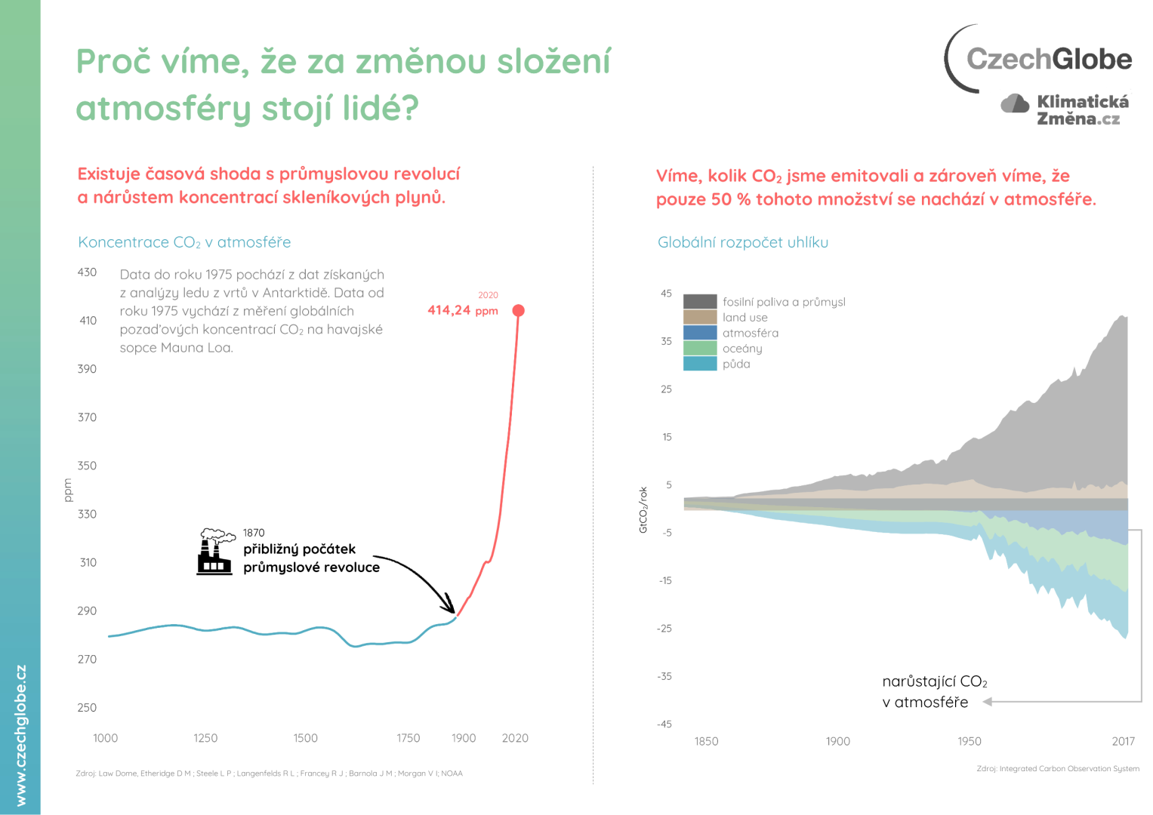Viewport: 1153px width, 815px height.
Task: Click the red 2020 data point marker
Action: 518,311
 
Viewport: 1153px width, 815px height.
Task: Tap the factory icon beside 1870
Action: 214,552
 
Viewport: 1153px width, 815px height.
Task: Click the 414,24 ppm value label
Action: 462,310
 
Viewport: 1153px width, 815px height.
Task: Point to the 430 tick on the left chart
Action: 87,272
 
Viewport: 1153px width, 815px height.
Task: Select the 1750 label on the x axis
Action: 408,738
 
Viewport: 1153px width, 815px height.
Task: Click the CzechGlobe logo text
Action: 1049,59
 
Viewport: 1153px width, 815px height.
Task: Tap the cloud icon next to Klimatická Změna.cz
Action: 1015,103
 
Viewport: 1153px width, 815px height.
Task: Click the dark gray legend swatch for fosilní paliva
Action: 699,302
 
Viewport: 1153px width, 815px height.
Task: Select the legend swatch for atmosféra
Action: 699,333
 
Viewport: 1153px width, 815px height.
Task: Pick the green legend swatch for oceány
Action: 699,349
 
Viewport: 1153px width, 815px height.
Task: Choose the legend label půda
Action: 736,364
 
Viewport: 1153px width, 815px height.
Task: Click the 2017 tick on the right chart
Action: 1123,741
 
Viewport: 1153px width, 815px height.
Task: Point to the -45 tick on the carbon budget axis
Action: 664,724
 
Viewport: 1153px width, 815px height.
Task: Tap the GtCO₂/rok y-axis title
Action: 643,510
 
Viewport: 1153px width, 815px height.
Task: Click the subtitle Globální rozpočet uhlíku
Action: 742,242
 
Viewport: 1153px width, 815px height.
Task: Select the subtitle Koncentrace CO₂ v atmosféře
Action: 184,242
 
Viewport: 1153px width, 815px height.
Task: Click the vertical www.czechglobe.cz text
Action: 20,735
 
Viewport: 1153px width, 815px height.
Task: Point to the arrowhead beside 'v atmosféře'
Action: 987,702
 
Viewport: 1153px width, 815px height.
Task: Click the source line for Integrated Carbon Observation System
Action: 1057,769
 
